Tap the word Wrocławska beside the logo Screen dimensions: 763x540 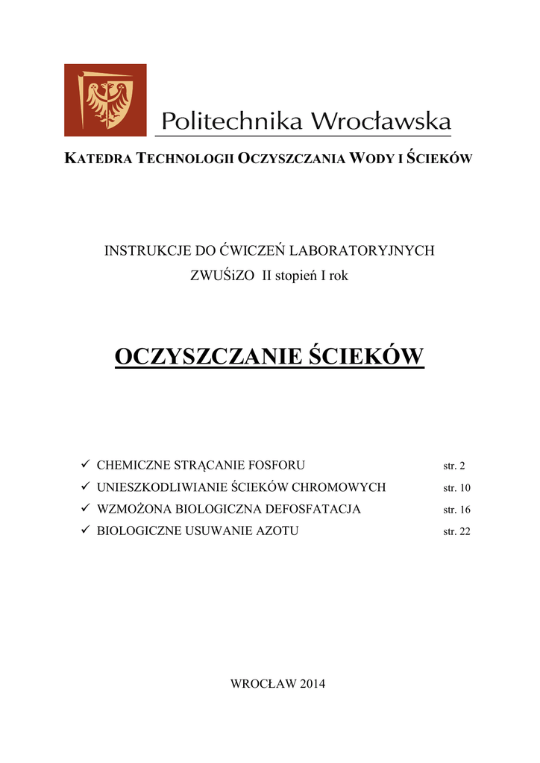tap(380, 121)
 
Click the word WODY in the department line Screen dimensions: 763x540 tap(365, 159)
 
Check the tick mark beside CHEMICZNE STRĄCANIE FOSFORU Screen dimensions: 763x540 tap(85, 465)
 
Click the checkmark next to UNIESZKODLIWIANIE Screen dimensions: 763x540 tap(85, 487)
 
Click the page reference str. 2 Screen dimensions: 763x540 tap(453, 466)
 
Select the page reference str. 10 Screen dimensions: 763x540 tap(456, 488)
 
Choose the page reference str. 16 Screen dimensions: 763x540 tap(456, 510)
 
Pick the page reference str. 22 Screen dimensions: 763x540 tap(456, 532)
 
